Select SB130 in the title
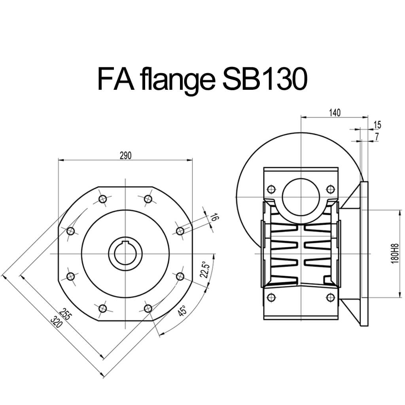[264, 79]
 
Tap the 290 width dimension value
[125, 155]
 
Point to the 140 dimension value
[335, 113]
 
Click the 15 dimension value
[377, 125]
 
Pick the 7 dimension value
[377, 136]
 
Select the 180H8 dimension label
[395, 254]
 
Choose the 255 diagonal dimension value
[65, 314]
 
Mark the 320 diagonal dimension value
[56, 322]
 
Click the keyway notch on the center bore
[125, 242]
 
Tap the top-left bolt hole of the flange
[102, 199]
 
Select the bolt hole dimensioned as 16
[180, 231]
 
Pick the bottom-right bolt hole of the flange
[148, 308]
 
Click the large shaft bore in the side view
[301, 197]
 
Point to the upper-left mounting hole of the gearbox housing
[271, 189]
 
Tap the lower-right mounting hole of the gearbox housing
[331, 297]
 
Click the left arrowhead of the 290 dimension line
[61, 160]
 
